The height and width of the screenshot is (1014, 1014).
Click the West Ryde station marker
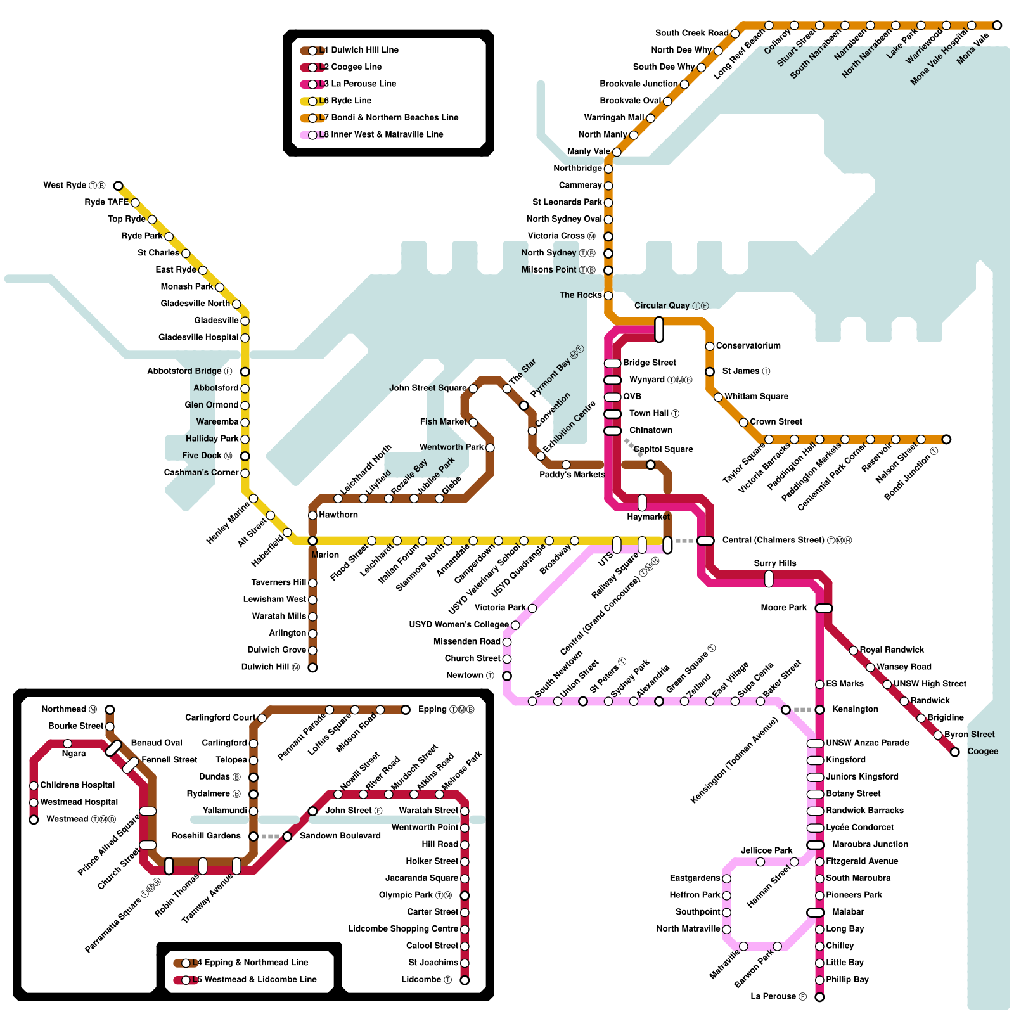[118, 186]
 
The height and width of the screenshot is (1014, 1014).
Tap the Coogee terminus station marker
[954, 752]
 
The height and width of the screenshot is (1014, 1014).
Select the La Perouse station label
[778, 996]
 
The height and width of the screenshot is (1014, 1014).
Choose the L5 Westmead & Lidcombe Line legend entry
[253, 980]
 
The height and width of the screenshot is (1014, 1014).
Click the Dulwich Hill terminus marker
[312, 667]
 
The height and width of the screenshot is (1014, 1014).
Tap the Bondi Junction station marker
[946, 439]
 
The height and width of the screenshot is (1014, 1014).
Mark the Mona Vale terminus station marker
[997, 25]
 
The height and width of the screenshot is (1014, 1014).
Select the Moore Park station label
[784, 608]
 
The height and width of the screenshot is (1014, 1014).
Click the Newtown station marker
[507, 676]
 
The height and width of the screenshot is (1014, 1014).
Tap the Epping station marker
[406, 710]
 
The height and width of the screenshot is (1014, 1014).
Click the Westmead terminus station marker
[34, 819]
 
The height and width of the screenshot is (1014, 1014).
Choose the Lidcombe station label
[427, 980]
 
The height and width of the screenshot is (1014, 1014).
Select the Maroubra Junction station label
[870, 844]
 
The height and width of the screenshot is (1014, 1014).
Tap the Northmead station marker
[110, 710]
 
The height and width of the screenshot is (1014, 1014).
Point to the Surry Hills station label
[775, 563]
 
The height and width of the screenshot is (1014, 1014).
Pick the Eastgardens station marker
[726, 878]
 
